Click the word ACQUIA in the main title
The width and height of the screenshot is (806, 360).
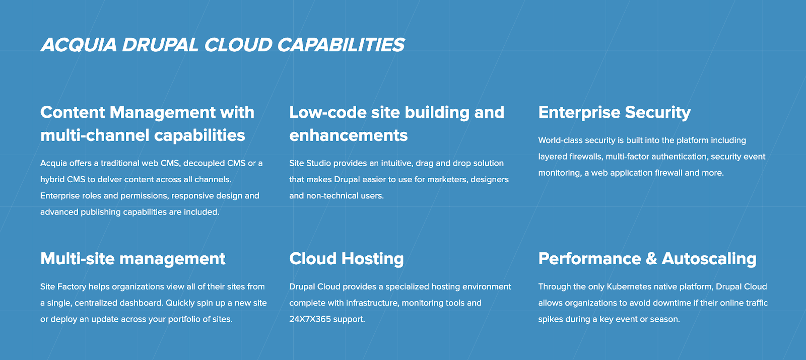[x=79, y=45]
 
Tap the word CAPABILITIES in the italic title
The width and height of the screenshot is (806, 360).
[x=341, y=45]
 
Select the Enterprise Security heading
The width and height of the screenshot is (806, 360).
[x=615, y=113]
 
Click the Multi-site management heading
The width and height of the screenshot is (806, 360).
[x=133, y=259]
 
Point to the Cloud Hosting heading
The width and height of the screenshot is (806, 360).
[x=347, y=259]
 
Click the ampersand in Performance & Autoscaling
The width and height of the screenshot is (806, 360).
[x=651, y=259]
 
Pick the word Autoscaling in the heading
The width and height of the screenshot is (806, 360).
[x=709, y=259]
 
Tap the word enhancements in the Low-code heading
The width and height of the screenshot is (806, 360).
[x=348, y=135]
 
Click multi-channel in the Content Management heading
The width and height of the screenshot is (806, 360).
[x=95, y=135]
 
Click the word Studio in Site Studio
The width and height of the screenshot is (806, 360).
[x=318, y=163]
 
